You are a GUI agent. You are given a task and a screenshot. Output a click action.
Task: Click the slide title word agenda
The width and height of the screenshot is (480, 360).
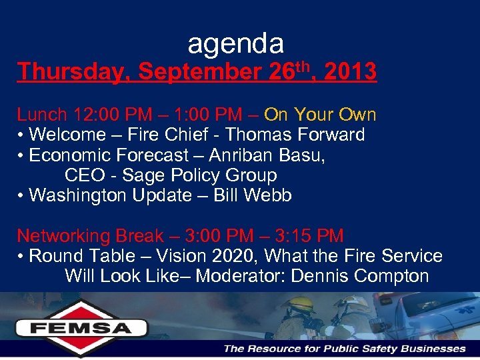pyautogui.click(x=236, y=44)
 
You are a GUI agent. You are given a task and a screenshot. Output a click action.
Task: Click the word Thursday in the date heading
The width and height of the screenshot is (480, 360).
pyautogui.click(x=68, y=72)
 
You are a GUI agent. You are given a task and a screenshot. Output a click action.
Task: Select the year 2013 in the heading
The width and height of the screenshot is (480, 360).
pyautogui.click(x=349, y=72)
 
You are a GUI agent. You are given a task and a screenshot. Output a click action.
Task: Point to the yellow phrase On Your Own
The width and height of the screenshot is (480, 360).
pyautogui.click(x=320, y=115)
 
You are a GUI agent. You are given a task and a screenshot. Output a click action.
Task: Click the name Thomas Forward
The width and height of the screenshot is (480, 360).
pyautogui.click(x=295, y=135)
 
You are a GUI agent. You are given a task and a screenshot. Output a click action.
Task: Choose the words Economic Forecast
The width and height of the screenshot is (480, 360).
pyautogui.click(x=109, y=155)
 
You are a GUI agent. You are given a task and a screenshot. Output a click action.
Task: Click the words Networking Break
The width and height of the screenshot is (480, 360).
pyautogui.click(x=90, y=236)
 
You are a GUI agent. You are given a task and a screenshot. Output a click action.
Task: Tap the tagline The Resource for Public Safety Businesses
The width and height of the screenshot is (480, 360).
pyautogui.click(x=344, y=349)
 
